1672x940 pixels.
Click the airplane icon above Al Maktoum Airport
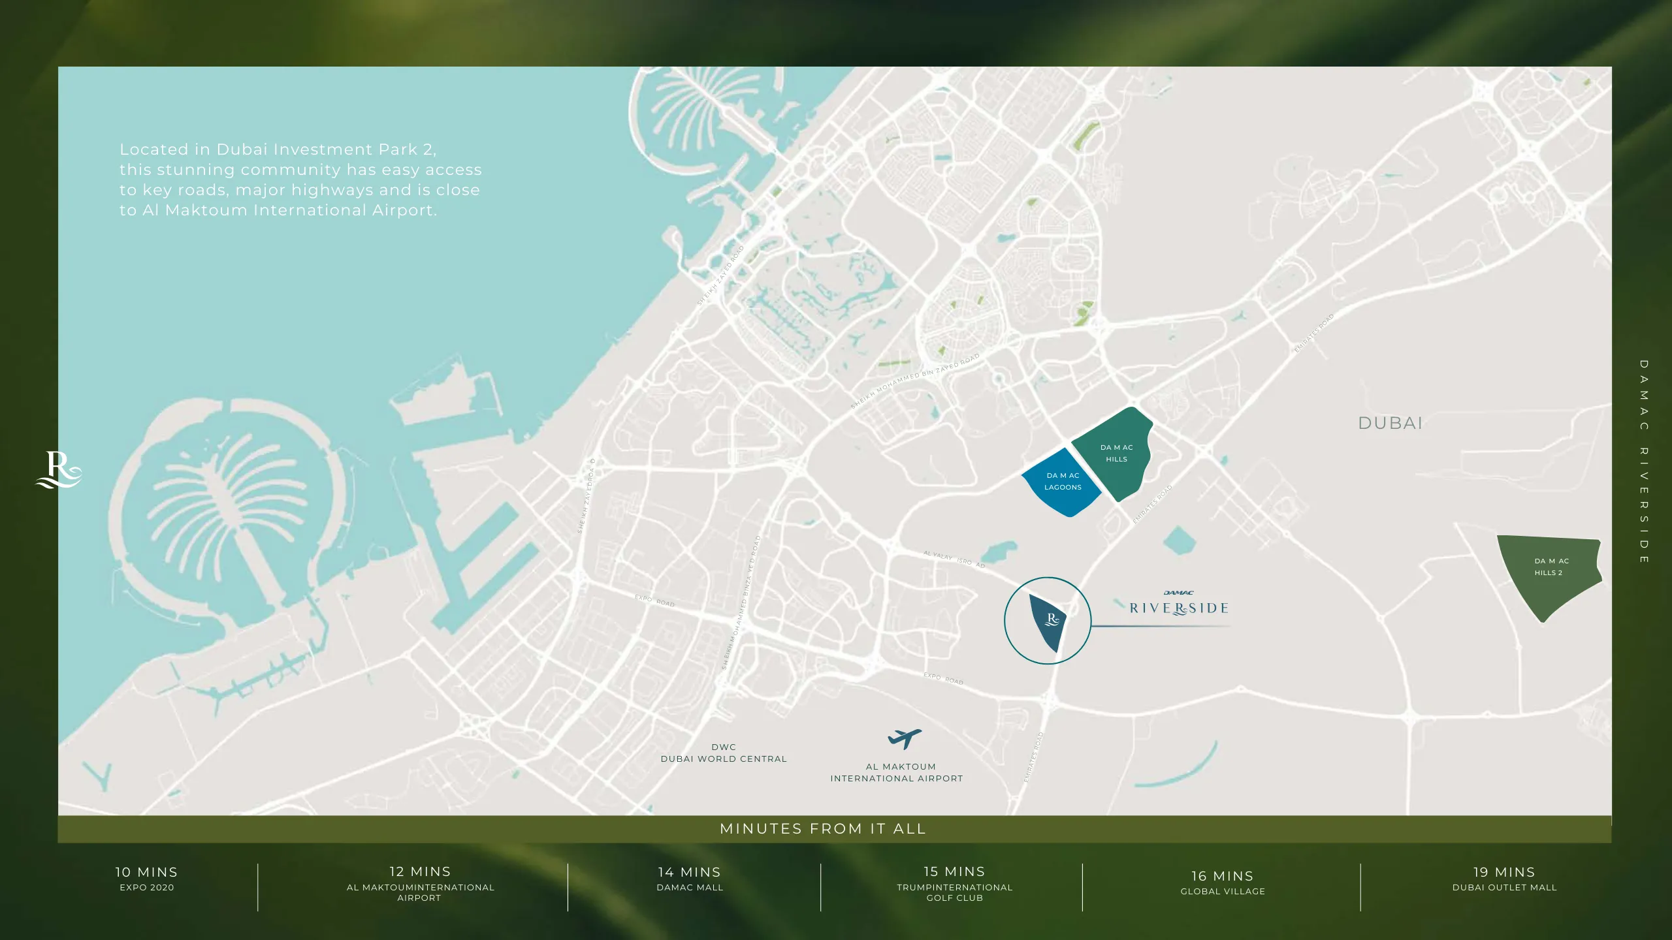point(904,739)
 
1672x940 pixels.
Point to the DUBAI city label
point(1390,423)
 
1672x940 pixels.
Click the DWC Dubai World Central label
point(723,753)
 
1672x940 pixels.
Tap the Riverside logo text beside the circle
point(1178,608)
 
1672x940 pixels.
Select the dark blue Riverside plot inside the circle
point(1049,620)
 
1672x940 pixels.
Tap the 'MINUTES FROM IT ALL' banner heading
point(823,829)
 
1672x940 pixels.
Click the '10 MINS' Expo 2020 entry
point(146,879)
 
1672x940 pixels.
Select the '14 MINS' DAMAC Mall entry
point(690,879)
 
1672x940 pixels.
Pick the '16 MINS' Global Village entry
point(1222,883)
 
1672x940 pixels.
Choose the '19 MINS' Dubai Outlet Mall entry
point(1504,879)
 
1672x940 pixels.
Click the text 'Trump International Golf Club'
point(954,892)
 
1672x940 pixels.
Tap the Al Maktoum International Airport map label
point(897,773)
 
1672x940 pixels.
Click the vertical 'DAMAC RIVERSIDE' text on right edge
point(1644,461)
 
